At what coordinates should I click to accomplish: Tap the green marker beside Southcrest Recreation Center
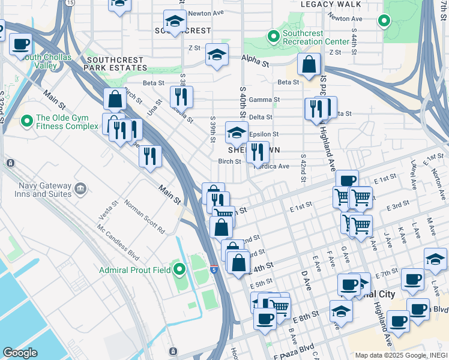coord(274,37)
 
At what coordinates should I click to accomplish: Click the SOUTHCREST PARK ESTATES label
coord(115,65)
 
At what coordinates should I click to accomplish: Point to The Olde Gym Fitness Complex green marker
coord(26,122)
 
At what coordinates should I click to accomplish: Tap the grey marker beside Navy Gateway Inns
coord(80,190)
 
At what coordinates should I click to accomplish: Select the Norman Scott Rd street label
coord(144,217)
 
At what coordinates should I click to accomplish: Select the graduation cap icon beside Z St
coord(217,55)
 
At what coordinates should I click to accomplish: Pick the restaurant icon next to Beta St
coord(181,97)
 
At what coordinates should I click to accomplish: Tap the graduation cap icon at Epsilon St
coord(237,133)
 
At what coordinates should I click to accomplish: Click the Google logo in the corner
coord(20,353)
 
